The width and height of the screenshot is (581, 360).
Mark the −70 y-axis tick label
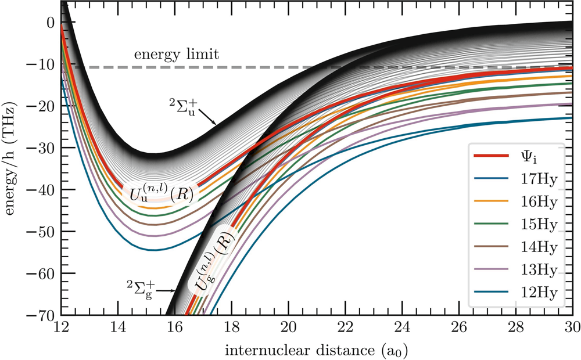[42, 315]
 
